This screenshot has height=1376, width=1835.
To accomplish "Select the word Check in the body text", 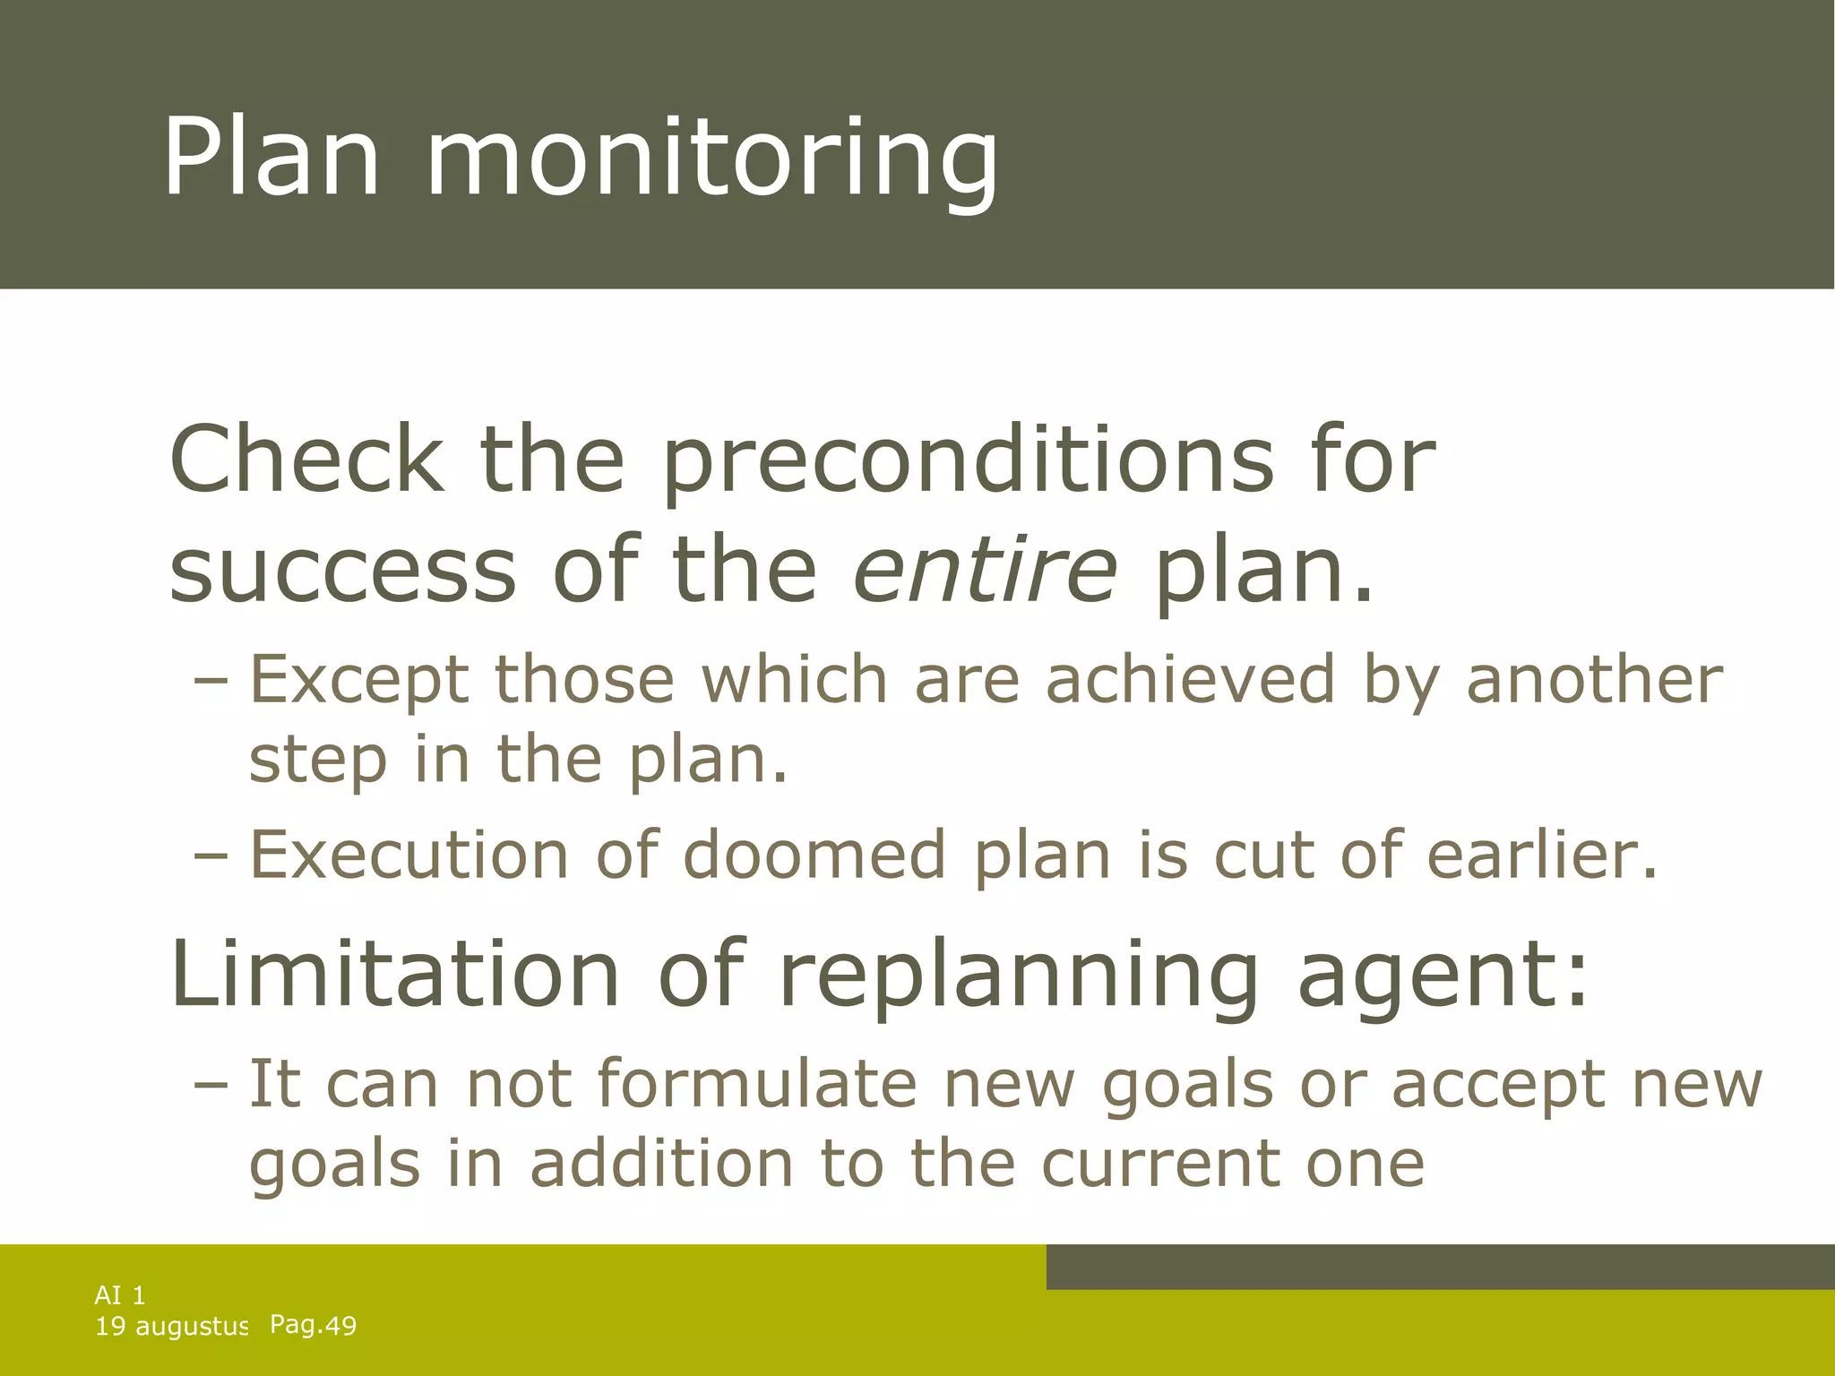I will pyautogui.click(x=306, y=459).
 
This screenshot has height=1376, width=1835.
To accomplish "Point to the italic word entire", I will pyautogui.click(x=985, y=570).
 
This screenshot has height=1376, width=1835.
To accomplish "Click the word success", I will pyautogui.click(x=342, y=571).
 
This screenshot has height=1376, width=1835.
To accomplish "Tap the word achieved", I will pyautogui.click(x=1191, y=679).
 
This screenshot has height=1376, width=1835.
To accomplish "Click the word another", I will pyautogui.click(x=1594, y=679).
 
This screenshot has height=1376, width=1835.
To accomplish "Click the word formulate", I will pyautogui.click(x=757, y=1084).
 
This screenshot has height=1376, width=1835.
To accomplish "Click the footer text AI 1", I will pyautogui.click(x=120, y=1294).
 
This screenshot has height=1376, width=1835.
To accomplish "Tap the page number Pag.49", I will pyautogui.click(x=313, y=1325).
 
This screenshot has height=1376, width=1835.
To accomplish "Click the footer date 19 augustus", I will pyautogui.click(x=171, y=1327).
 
